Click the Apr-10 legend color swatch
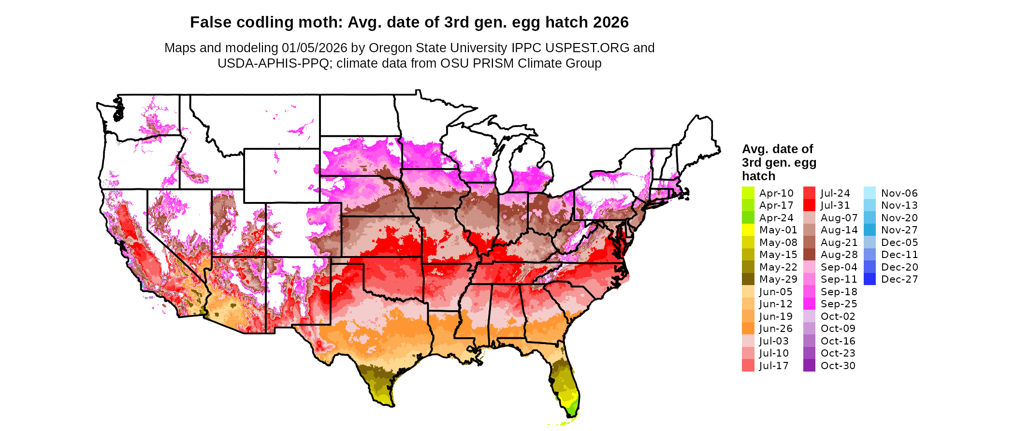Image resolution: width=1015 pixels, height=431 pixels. [x=748, y=193]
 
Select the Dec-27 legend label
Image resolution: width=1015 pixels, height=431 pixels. [x=899, y=279]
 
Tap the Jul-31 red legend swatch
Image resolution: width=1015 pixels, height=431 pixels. [x=809, y=205]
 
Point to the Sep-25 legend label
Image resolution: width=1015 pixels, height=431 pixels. [x=839, y=304]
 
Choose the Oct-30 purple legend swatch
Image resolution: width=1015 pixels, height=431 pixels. [x=809, y=366]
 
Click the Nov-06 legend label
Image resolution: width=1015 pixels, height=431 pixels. [x=899, y=193]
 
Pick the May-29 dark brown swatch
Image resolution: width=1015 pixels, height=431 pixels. [x=748, y=279]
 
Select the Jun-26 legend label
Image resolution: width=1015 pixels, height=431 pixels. [x=776, y=329]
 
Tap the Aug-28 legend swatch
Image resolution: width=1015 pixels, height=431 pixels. [x=809, y=255]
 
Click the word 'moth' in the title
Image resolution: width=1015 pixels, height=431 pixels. [x=323, y=22]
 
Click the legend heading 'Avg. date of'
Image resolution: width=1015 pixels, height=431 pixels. [x=777, y=149]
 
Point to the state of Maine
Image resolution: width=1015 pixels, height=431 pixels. [x=698, y=140]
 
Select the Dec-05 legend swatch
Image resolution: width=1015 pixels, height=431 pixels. [x=870, y=243]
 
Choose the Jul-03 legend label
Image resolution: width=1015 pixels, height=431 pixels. [x=773, y=341]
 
